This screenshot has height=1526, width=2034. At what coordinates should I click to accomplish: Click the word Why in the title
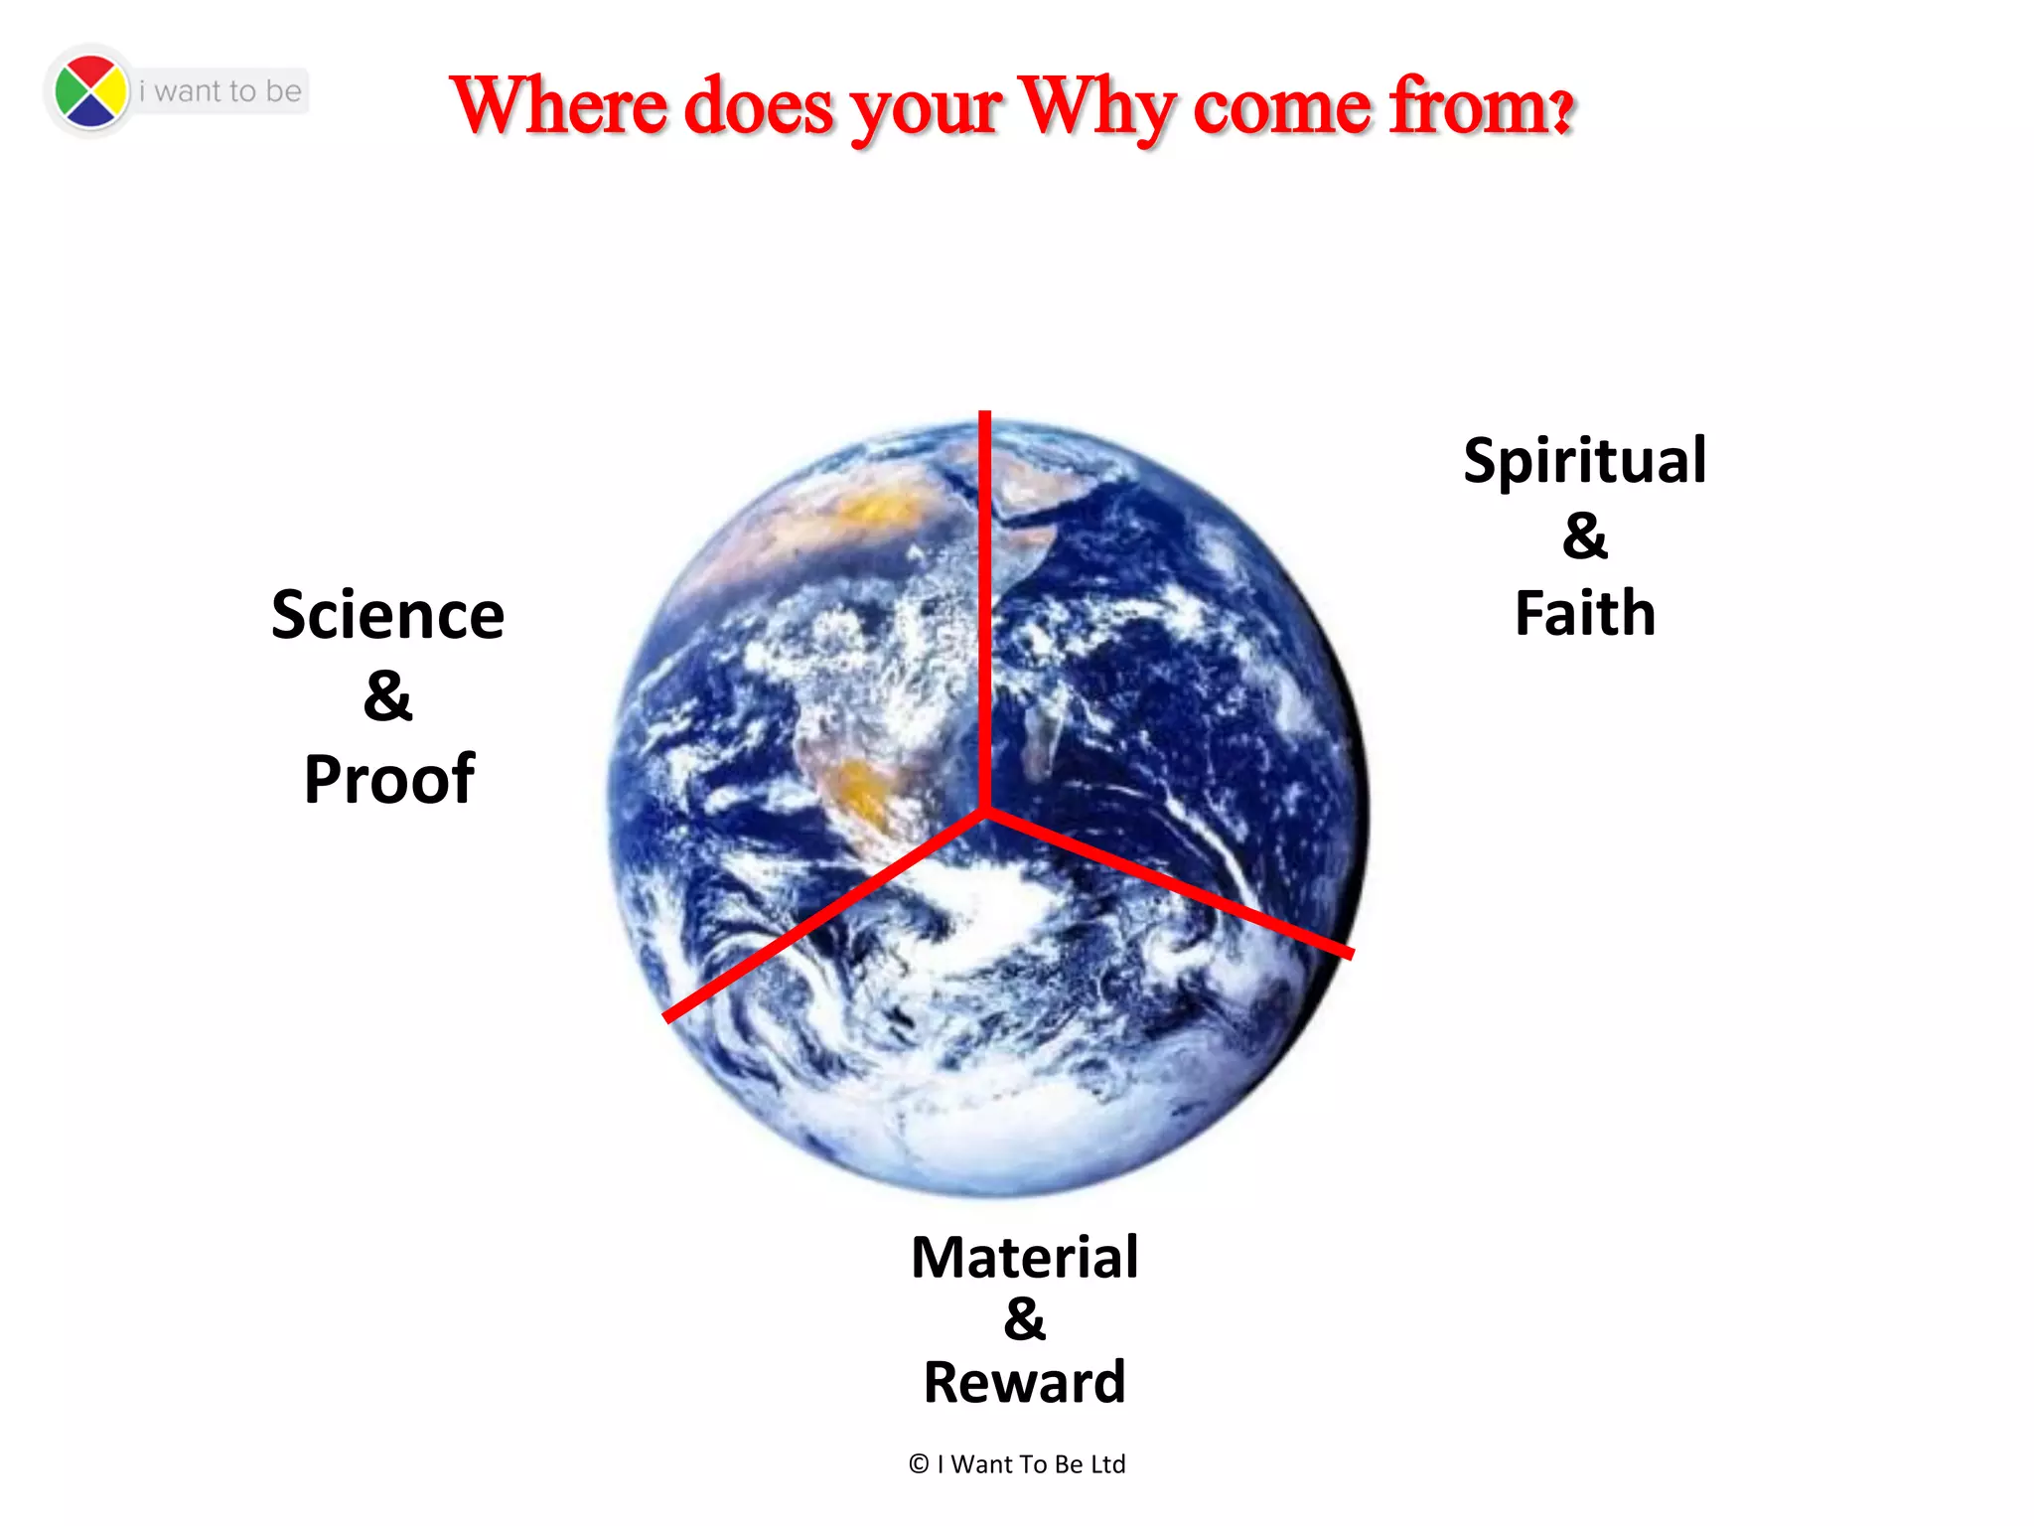coord(1096,107)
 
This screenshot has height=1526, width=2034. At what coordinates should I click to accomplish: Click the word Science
coord(388,615)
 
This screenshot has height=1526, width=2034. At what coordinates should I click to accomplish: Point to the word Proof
coord(389,779)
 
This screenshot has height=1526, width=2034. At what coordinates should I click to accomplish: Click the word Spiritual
coord(1585,462)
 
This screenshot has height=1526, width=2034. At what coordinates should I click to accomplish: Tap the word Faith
coord(1585,613)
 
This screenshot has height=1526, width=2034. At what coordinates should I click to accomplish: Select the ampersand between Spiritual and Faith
coord(1584,536)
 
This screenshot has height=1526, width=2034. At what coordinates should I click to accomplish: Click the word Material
coord(1025,1257)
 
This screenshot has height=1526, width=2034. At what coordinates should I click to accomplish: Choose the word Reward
coord(1025,1382)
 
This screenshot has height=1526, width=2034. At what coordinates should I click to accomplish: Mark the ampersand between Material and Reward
coord(1025,1319)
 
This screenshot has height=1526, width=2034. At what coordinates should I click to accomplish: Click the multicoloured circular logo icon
coord(90,91)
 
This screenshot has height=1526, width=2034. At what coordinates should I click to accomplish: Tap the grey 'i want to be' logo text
coord(220,91)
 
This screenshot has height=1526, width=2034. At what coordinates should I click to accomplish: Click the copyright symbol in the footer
coord(919,1463)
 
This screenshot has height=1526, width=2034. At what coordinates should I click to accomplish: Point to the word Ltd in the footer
coord(1107,1463)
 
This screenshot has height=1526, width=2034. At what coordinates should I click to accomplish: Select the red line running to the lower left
coord(824,914)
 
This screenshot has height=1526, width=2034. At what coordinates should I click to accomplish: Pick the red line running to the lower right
coord(1172,882)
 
